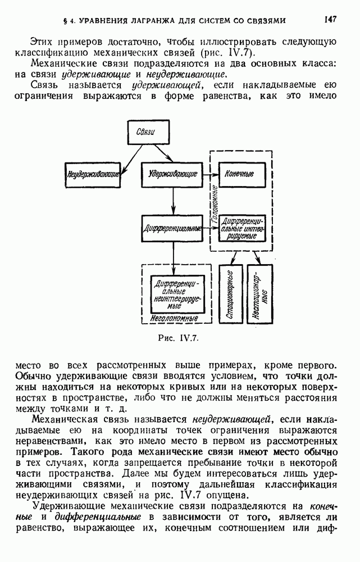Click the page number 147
pyautogui.click(x=330, y=20)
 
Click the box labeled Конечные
pyautogui.click(x=239, y=174)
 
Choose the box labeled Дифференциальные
pyautogui.click(x=172, y=229)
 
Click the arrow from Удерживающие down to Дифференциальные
pyautogui.click(x=173, y=200)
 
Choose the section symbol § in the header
pyautogui.click(x=66, y=21)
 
